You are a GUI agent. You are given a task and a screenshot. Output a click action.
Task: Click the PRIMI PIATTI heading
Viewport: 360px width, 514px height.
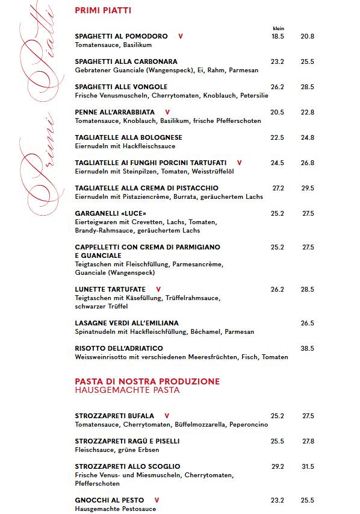click(103, 10)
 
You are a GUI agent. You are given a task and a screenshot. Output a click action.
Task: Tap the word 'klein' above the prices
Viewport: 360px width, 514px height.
click(278, 28)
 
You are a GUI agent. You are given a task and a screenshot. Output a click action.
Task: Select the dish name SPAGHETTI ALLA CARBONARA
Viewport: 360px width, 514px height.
click(126, 61)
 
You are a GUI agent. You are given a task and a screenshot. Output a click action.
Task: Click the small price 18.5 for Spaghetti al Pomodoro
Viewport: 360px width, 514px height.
click(278, 36)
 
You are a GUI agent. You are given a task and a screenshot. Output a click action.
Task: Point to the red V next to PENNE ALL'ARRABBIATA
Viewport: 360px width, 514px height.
click(167, 112)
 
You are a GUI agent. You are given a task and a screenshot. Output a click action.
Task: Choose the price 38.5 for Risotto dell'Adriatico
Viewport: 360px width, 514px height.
click(308, 348)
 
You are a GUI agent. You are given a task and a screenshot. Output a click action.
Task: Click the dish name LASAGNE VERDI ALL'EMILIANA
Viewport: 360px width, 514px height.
click(126, 323)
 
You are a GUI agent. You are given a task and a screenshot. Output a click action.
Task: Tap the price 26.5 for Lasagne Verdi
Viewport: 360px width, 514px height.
click(308, 323)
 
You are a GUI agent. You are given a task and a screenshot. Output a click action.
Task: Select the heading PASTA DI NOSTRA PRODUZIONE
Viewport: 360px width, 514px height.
click(147, 381)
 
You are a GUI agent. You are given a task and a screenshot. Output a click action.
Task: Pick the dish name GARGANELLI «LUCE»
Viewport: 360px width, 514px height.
click(110, 213)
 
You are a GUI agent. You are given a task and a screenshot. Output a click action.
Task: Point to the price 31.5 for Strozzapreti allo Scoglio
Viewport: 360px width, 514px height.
click(308, 466)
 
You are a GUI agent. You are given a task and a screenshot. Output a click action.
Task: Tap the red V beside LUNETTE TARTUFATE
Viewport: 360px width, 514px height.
click(158, 289)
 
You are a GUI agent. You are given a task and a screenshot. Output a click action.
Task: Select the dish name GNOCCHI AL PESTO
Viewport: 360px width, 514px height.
click(110, 500)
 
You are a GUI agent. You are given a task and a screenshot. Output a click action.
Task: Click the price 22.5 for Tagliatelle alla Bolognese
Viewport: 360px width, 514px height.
click(278, 137)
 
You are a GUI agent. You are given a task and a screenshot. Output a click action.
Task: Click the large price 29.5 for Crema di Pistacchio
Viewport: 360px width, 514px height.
click(308, 188)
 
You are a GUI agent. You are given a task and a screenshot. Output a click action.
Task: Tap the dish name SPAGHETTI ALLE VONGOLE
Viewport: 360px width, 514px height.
click(121, 87)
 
